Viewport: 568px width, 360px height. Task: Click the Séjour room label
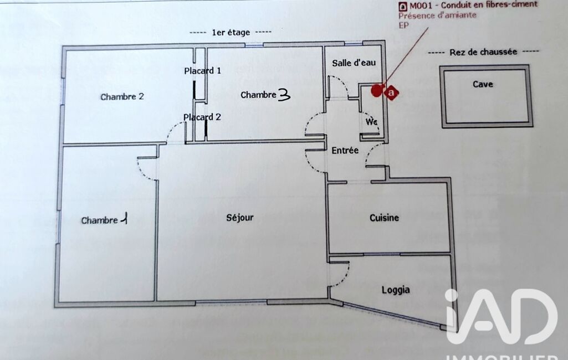click(239, 218)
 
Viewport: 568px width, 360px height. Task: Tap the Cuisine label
click(384, 218)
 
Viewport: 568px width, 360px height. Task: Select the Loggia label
click(396, 290)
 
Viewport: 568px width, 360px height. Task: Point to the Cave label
click(483, 84)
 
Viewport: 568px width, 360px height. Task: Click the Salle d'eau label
click(354, 63)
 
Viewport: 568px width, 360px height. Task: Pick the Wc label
click(371, 122)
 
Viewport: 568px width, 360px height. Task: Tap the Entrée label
click(345, 150)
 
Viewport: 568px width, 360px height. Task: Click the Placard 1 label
click(202, 71)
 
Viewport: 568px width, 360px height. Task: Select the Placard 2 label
click(202, 117)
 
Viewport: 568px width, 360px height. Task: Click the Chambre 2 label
click(122, 97)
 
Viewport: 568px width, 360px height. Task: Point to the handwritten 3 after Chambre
click(284, 95)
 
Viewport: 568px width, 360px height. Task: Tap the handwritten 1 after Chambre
click(124, 219)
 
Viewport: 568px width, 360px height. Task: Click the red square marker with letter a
click(391, 92)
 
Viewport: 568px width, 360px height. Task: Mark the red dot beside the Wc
click(377, 90)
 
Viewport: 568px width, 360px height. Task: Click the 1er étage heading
click(231, 33)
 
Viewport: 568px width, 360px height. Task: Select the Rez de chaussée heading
click(483, 52)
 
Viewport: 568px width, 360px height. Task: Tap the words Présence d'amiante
click(437, 16)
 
